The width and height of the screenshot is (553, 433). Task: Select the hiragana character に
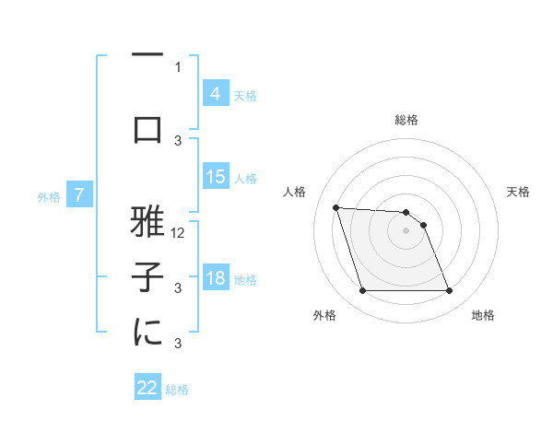click(147, 333)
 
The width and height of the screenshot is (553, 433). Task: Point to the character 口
click(147, 128)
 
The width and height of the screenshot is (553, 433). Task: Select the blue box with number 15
click(215, 178)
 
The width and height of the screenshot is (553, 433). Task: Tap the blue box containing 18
click(215, 279)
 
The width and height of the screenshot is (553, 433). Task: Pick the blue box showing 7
click(79, 195)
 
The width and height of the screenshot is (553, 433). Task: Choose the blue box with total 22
click(147, 388)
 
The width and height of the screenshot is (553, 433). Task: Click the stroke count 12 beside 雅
click(179, 233)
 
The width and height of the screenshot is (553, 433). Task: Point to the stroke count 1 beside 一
click(178, 66)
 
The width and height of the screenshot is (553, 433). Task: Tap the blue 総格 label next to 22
click(177, 390)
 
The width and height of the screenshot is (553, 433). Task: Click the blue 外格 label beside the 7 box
click(49, 196)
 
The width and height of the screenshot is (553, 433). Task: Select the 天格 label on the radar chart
click(518, 192)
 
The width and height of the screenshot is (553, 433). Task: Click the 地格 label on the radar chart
click(483, 315)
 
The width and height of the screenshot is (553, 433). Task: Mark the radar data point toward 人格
click(336, 207)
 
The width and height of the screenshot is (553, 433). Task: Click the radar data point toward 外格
click(362, 291)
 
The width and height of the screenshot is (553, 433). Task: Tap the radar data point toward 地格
click(449, 291)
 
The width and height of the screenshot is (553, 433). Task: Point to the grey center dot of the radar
click(406, 230)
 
